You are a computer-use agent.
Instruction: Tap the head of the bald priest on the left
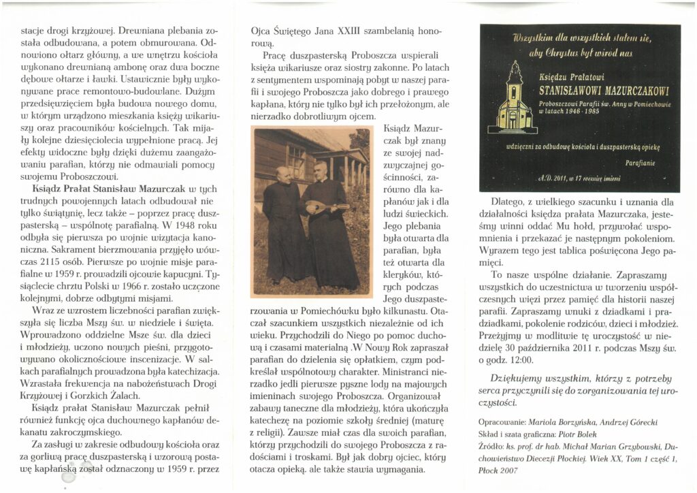coord(280,173)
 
